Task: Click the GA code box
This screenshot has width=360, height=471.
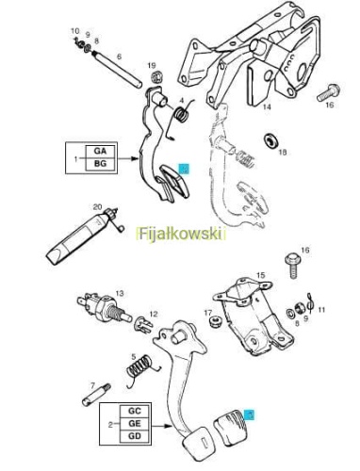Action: tap(100, 152)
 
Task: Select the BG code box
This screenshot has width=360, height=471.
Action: tap(100, 164)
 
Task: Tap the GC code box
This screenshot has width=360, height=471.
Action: tap(135, 411)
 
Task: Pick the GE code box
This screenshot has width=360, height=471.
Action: tap(135, 424)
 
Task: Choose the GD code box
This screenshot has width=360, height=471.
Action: tap(135, 436)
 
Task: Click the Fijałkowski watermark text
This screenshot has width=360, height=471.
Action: tap(181, 234)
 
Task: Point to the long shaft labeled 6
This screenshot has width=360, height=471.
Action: tap(117, 70)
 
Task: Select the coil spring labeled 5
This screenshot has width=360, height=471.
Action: tap(140, 368)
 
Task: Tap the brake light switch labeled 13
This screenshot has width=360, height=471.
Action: tap(104, 308)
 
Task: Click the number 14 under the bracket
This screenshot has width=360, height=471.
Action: tap(267, 107)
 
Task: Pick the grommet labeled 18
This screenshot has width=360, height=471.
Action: tap(270, 140)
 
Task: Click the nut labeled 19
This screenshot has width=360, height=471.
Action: tap(156, 77)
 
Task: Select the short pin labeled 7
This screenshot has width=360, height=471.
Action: tap(96, 395)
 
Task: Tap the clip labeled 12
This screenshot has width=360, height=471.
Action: tap(143, 324)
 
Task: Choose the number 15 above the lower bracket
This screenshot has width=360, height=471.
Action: tap(260, 275)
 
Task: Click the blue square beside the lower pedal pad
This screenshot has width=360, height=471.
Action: tap(251, 414)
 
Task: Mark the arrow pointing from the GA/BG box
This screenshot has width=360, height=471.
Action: tap(128, 158)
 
